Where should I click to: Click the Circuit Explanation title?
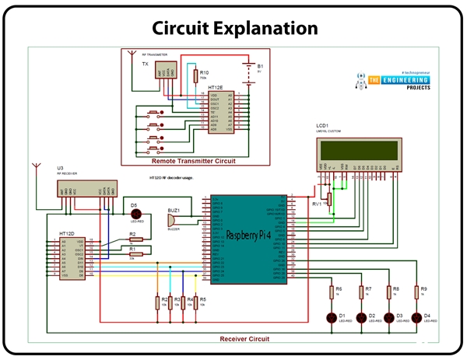pos(234,27)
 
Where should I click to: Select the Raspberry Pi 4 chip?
pos(247,234)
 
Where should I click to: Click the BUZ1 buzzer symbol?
pos(174,221)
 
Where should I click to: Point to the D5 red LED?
pos(134,215)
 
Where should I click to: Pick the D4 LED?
pos(417,316)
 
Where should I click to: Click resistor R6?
pos(332,294)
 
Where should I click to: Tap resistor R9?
pos(418,294)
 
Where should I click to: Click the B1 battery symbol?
pos(250,71)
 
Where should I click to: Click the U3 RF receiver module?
pos(86,189)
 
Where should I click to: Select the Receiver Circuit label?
pos(244,339)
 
